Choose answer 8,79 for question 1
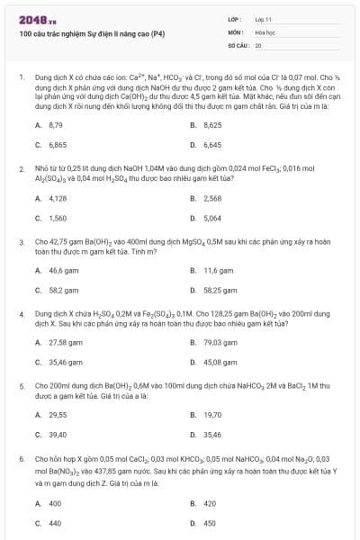pyautogui.click(x=55, y=125)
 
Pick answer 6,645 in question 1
pyautogui.click(x=212, y=144)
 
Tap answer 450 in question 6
pyautogui.click(x=210, y=523)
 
